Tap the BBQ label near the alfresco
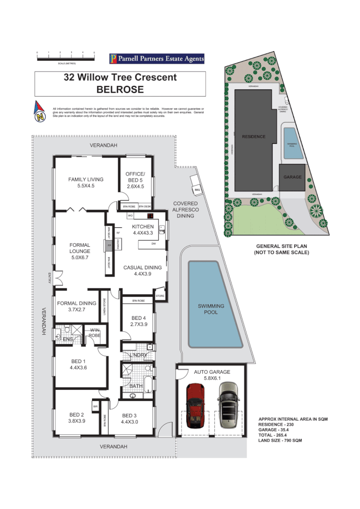[x=196, y=191]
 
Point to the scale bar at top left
[x=66, y=58]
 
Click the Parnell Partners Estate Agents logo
[x=157, y=59]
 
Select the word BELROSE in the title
[x=120, y=89]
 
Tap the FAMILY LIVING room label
[x=86, y=183]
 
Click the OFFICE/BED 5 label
[x=135, y=180]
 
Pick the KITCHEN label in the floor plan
[x=142, y=230]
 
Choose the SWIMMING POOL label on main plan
[x=211, y=309]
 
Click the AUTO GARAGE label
[x=211, y=374]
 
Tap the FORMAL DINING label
[x=77, y=306]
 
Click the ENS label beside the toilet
[x=68, y=339]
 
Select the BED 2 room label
[x=77, y=417]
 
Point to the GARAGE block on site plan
[x=292, y=177]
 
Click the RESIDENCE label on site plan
[x=254, y=137]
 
